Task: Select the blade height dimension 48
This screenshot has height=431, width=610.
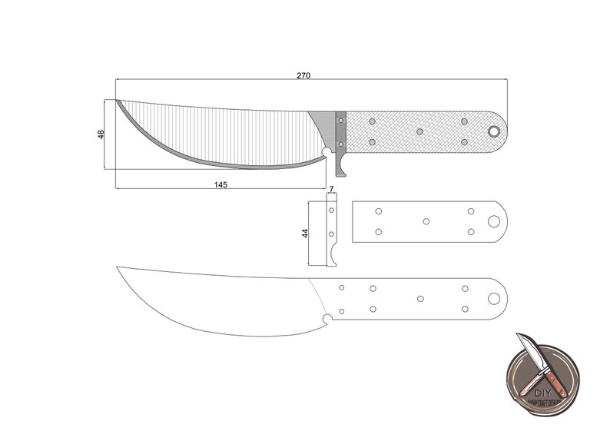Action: [x=101, y=134]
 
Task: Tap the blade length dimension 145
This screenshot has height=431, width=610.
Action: [x=220, y=184]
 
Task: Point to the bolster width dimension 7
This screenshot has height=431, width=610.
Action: [x=331, y=189]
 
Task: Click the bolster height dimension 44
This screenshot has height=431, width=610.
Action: [x=304, y=233]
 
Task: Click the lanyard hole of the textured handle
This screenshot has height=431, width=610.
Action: [x=493, y=131]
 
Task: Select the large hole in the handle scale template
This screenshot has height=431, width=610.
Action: [x=493, y=221]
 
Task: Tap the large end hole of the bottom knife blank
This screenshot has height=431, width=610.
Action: [x=493, y=298]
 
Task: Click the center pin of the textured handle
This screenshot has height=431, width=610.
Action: [x=419, y=131]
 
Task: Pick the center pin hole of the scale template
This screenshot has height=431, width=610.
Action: [x=426, y=221]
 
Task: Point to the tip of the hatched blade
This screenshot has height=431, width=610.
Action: [x=118, y=101]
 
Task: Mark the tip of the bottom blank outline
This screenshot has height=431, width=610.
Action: [x=118, y=267]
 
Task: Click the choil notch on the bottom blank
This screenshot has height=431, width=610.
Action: [x=328, y=318]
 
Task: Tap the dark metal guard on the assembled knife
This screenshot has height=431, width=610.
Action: [x=340, y=132]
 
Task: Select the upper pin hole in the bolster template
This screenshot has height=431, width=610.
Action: [x=332, y=209]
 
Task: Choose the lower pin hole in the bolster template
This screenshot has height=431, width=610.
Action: [x=332, y=234]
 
